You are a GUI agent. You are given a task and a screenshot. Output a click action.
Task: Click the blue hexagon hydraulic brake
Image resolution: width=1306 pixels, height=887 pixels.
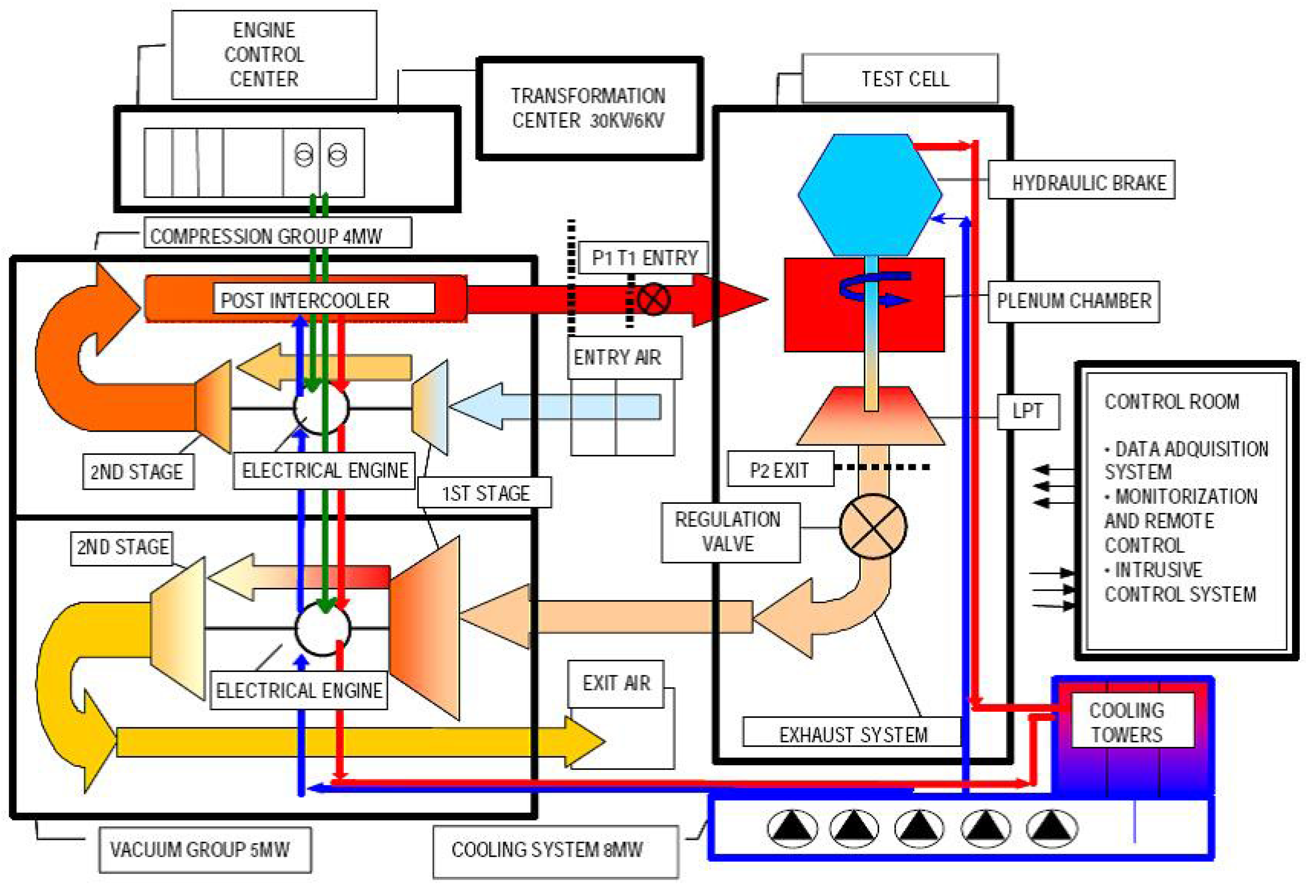point(870,195)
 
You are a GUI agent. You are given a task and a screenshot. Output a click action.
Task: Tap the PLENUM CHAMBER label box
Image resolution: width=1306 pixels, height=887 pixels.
point(1074,301)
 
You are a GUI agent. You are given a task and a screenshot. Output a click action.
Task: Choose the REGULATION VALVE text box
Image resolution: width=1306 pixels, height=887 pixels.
point(731,532)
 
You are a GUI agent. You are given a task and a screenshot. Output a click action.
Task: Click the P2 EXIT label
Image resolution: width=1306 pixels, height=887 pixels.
point(780,469)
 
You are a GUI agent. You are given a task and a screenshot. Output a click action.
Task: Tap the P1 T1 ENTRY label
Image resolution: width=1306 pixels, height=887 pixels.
point(644,258)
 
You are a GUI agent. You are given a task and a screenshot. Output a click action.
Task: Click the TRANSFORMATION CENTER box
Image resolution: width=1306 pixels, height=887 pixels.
point(589,108)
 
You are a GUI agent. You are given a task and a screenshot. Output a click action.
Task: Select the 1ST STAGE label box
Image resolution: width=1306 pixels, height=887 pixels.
point(484,493)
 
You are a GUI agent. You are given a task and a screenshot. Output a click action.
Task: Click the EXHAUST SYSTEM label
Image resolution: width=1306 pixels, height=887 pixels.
point(852,733)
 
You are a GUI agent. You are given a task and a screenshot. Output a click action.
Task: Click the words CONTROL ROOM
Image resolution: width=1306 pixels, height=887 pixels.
point(1172,402)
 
